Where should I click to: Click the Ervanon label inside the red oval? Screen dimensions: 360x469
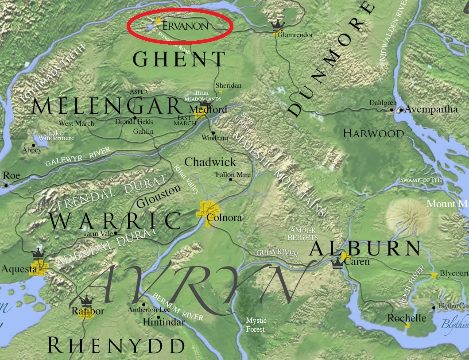pos(185,26)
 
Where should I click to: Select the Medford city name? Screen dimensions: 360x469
pos(208,109)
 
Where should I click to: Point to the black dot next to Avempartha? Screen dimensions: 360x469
pos(400,109)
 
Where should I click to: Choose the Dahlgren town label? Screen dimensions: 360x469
pos(383,103)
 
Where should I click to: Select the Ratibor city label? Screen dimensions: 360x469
pos(88,311)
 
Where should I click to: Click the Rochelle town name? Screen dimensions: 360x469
pos(407,318)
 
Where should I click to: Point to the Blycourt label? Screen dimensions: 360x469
pos(454,274)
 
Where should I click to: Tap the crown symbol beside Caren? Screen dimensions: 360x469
pos(337,263)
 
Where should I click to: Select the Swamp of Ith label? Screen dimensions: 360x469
pos(421,180)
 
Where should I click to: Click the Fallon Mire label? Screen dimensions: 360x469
pos(233,175)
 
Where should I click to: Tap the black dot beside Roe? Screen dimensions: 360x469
pos(6,186)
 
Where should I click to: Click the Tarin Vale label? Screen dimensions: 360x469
pos(98,234)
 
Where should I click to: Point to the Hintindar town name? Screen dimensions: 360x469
pos(163,322)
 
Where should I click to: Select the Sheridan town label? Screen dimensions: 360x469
pos(228,85)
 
